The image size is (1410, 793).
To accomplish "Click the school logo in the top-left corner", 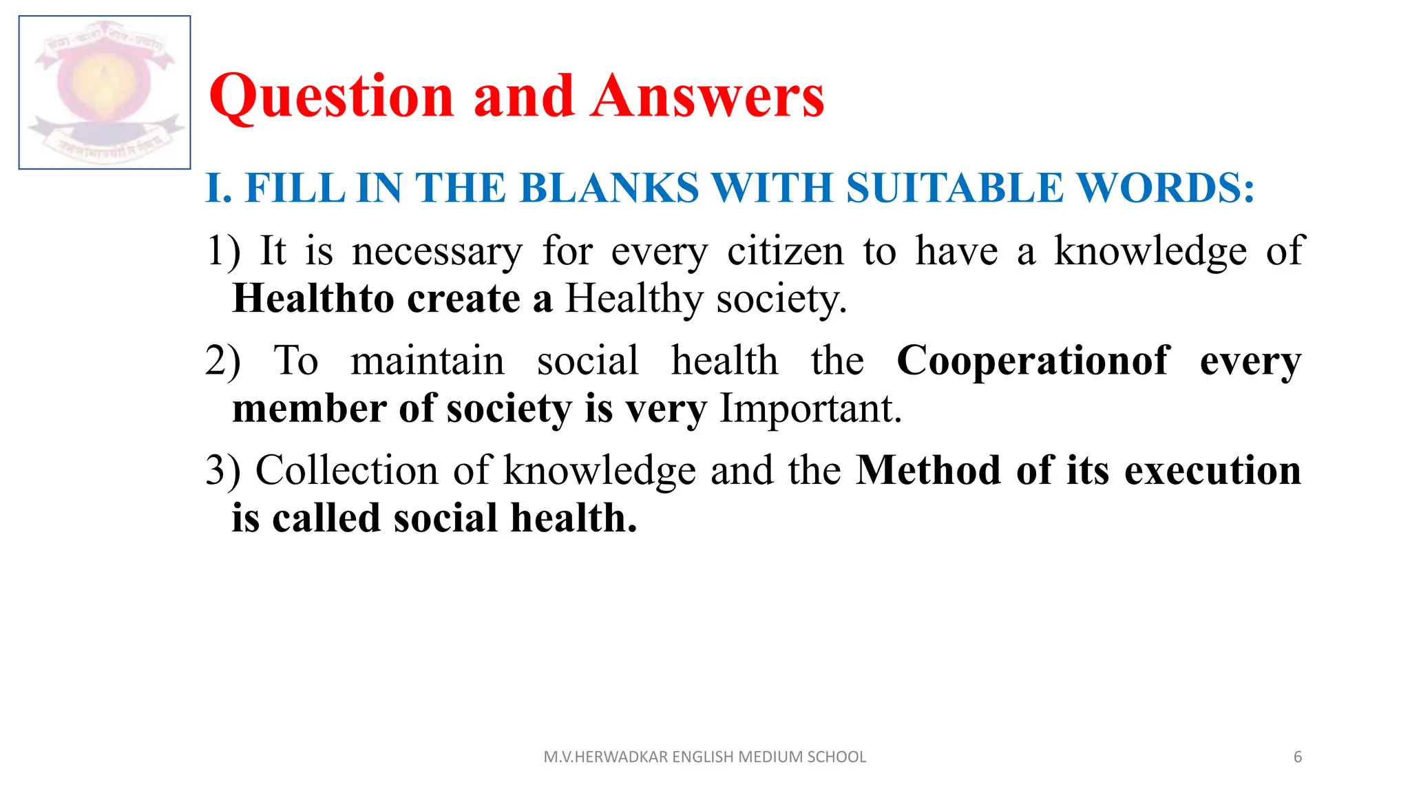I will (105, 92).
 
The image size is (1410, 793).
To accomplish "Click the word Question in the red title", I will (331, 96).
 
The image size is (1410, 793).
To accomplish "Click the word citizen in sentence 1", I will (785, 251).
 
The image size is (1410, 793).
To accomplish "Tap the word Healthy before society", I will (634, 300).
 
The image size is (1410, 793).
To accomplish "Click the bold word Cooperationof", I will (1033, 361).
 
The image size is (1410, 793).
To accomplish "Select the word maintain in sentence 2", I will (428, 361).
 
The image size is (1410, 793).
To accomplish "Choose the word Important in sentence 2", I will (810, 409).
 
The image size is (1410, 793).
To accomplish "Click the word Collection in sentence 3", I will (347, 471).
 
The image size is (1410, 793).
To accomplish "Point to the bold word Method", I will (929, 471).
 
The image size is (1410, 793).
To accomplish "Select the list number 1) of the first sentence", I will (224, 251).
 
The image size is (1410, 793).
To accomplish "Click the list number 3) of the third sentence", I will (223, 471).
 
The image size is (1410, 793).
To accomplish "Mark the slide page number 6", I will (1298, 757).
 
